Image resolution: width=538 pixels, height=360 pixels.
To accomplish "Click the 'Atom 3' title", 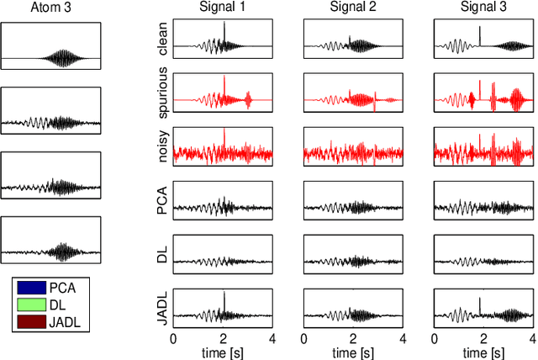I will tap(51, 9).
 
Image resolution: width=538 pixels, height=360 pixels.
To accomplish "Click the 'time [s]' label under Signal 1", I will tap(223, 352).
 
